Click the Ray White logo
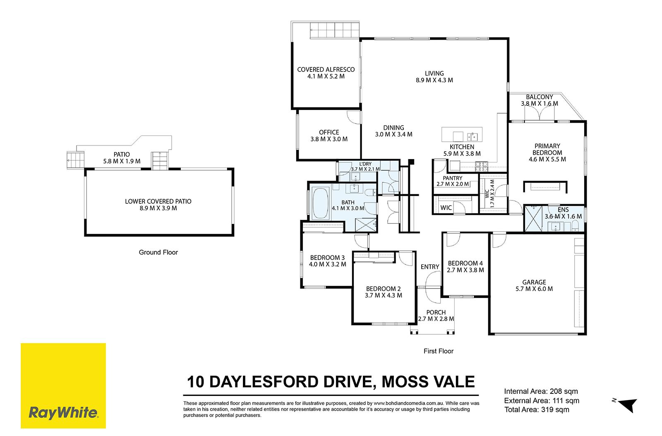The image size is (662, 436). click(63, 386)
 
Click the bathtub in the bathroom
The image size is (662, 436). click(320, 203)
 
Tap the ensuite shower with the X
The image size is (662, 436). click(533, 219)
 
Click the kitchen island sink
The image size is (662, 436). click(472, 137)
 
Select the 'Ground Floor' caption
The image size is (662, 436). click(158, 253)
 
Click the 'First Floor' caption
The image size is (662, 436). click(438, 351)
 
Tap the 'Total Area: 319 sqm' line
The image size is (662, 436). click(536, 410)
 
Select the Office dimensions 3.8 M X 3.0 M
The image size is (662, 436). click(329, 139)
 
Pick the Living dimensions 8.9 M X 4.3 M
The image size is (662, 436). click(434, 80)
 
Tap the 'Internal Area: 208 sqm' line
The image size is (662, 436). click(541, 391)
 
